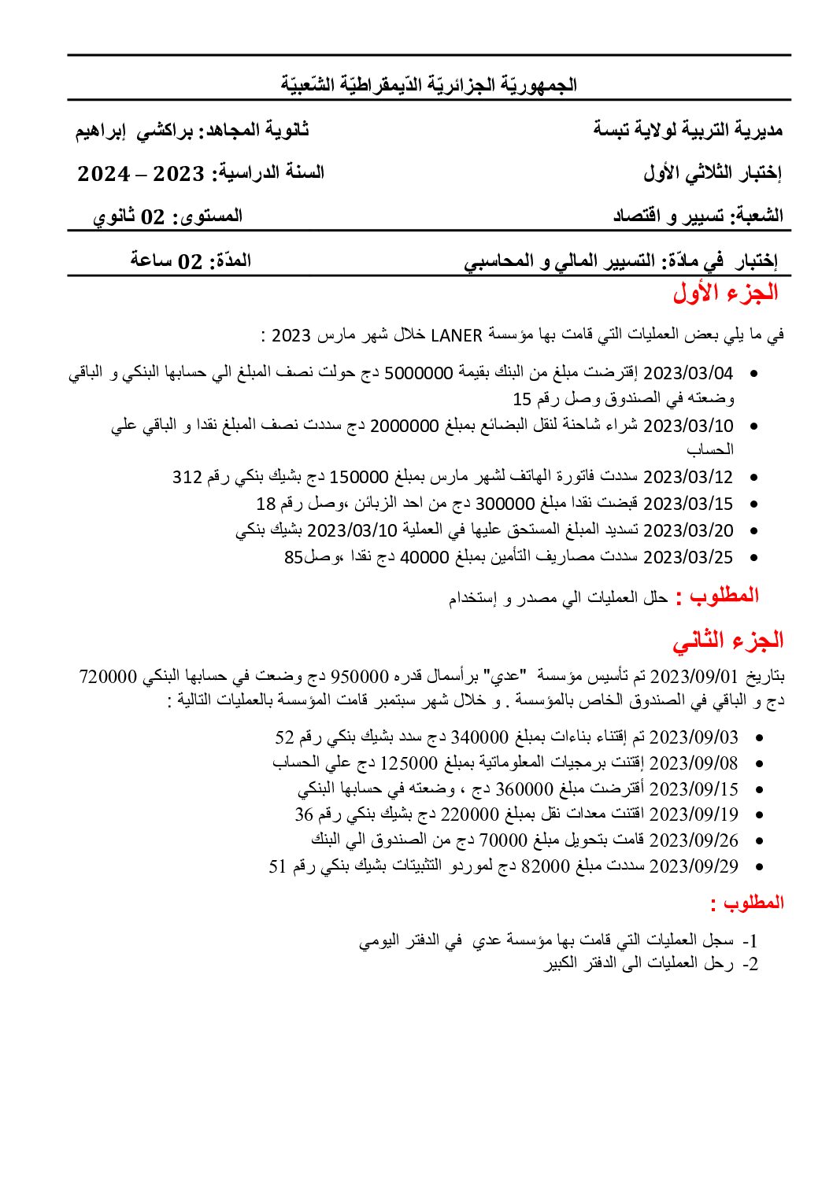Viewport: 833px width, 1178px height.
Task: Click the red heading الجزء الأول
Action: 725,293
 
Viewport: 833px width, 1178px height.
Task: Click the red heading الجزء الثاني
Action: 727,641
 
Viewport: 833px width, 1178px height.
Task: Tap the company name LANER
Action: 457,336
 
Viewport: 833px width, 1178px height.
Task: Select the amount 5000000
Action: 417,373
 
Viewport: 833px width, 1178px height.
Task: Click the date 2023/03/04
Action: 688,373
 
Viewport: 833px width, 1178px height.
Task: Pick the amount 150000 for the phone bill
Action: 359,477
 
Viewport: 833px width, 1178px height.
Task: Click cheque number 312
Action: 187,477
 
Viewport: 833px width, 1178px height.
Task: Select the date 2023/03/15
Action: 688,504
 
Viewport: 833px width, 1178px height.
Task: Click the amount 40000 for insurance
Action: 424,557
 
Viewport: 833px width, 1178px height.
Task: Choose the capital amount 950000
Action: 360,677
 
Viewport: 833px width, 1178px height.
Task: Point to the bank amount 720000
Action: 109,677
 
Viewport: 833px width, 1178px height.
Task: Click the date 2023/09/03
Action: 694,737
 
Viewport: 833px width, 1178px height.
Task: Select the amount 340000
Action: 479,737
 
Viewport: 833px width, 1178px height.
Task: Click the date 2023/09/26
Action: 694,840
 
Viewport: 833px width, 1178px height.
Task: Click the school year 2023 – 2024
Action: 142,174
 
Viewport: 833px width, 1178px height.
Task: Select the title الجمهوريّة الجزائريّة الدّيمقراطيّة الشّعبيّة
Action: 429,84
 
